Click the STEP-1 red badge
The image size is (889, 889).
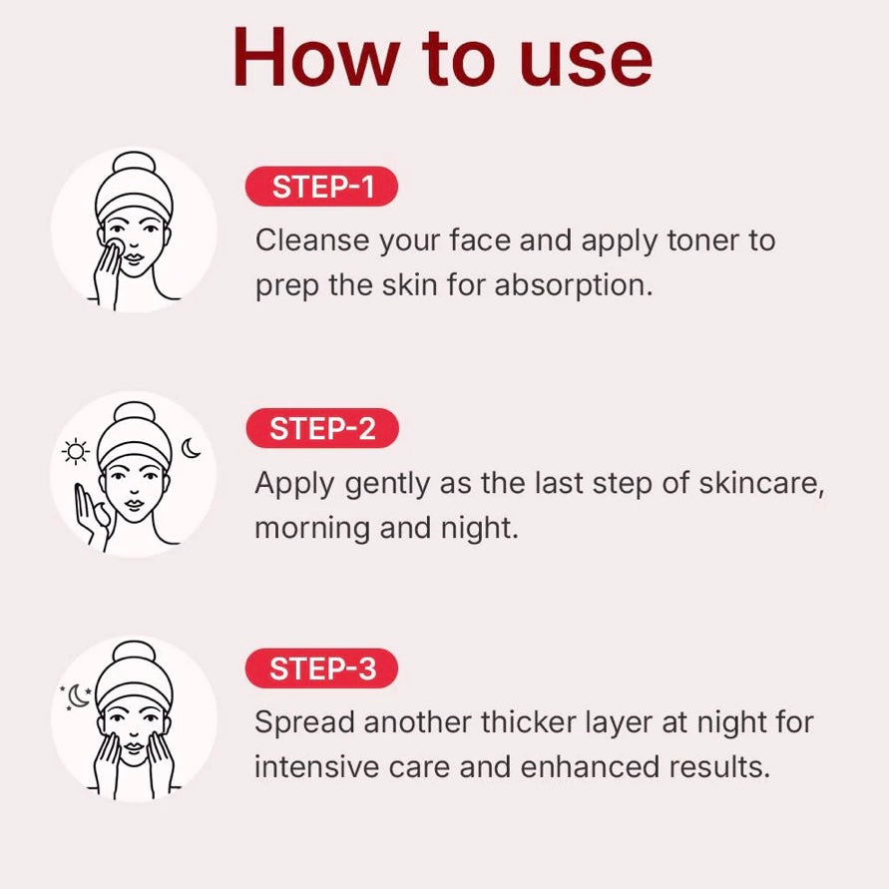pos(321,187)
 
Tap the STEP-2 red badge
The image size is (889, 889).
pos(322,428)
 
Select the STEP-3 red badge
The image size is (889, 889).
pos(321,668)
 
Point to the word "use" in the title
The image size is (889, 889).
pos(586,64)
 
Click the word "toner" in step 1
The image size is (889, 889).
pos(702,240)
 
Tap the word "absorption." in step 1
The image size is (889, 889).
pos(574,285)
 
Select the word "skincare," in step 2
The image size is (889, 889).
pos(761,484)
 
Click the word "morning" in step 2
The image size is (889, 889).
pos(312,529)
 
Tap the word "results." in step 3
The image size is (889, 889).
pos(719,767)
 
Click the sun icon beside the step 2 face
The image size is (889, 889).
pos(76,452)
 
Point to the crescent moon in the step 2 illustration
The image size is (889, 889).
pos(191,448)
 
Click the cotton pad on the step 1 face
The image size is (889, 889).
pos(115,247)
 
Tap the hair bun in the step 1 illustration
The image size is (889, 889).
pos(134,163)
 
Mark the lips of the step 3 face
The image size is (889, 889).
pos(134,746)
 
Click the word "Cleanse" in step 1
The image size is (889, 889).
pos(312,240)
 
